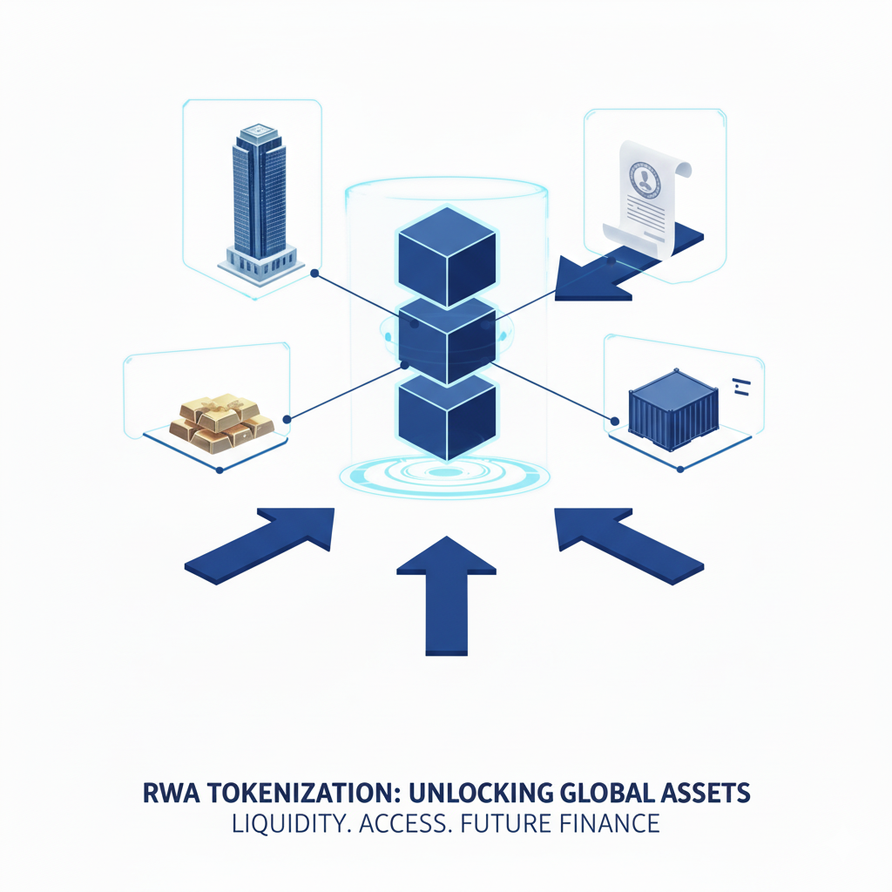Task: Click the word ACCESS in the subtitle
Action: [408, 824]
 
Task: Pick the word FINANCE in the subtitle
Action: [610, 824]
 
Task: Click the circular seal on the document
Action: [646, 180]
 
